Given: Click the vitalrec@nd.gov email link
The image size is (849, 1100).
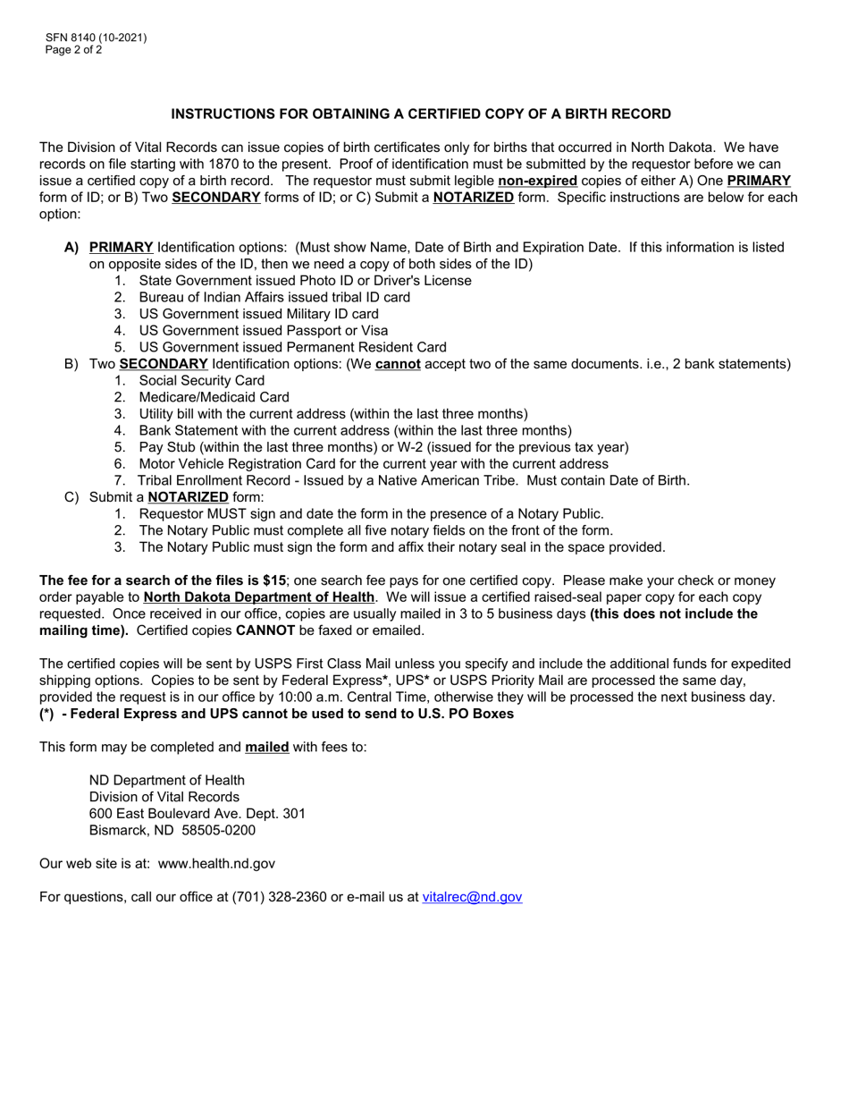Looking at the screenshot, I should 472,897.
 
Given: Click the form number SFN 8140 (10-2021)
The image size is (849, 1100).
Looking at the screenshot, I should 96,38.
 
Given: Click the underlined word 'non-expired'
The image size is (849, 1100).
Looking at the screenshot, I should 537,181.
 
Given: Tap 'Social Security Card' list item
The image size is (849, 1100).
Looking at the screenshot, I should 202,380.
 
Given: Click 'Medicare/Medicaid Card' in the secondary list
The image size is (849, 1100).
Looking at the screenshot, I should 214,397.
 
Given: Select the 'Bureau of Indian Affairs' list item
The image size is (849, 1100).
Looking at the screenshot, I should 274,297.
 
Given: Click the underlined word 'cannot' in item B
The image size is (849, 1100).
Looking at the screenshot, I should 398,364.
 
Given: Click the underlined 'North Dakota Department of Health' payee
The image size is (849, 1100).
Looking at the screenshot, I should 258,597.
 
